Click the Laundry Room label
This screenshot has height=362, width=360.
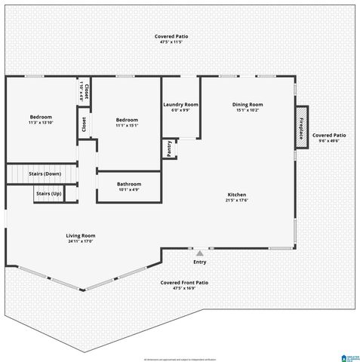point(180,104)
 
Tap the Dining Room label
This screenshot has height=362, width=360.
point(247,104)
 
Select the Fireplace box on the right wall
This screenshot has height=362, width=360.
point(301,127)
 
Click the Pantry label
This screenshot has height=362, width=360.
point(169,149)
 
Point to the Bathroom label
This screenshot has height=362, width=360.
point(129,184)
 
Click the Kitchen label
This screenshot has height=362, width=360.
point(237,195)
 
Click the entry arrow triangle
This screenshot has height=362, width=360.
point(199,254)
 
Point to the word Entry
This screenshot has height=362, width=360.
point(199,262)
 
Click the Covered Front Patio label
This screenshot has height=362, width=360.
point(184,282)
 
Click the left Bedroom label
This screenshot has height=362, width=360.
point(41,117)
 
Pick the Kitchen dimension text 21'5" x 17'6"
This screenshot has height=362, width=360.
point(237,201)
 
